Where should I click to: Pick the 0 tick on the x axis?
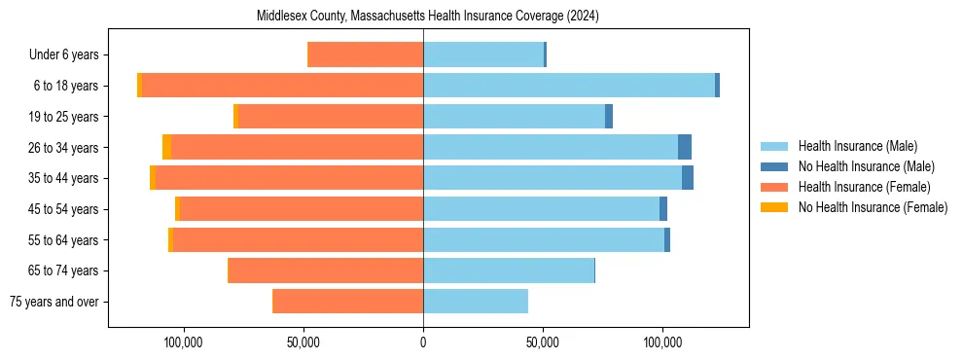point(423,342)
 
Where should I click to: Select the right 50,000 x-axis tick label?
point(542,342)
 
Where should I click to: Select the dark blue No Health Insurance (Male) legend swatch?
point(774,166)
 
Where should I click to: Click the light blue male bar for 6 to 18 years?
point(569,86)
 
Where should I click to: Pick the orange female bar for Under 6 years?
point(365,54)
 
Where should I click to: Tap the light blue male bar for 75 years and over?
point(476,302)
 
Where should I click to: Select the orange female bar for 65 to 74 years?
point(326,270)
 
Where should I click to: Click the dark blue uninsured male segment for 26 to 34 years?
point(685,147)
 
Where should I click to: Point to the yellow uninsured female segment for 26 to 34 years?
point(167,147)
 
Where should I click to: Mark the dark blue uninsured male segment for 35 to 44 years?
point(688,178)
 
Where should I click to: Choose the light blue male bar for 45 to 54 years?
point(541,209)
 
